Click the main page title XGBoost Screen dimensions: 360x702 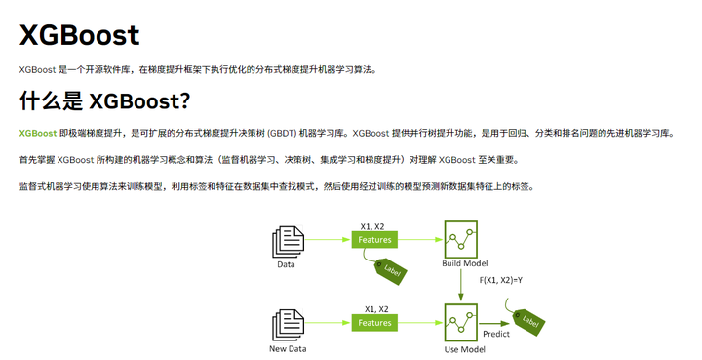(x=79, y=36)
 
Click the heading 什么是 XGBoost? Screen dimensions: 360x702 (x=104, y=100)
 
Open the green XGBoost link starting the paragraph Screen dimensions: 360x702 (x=37, y=133)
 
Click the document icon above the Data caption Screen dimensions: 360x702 (x=286, y=241)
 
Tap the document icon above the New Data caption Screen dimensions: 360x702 (x=286, y=324)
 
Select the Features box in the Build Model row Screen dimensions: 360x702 (x=374, y=240)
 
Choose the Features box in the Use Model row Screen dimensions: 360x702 (x=374, y=323)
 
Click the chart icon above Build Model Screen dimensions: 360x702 (x=460, y=239)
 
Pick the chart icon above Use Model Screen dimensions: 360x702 (x=460, y=322)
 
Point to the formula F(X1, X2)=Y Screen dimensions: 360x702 (x=500, y=281)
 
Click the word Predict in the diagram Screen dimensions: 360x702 (x=495, y=335)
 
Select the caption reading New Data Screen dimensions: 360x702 (x=288, y=348)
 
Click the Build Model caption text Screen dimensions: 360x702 (x=465, y=264)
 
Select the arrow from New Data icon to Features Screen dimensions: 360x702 (x=328, y=323)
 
